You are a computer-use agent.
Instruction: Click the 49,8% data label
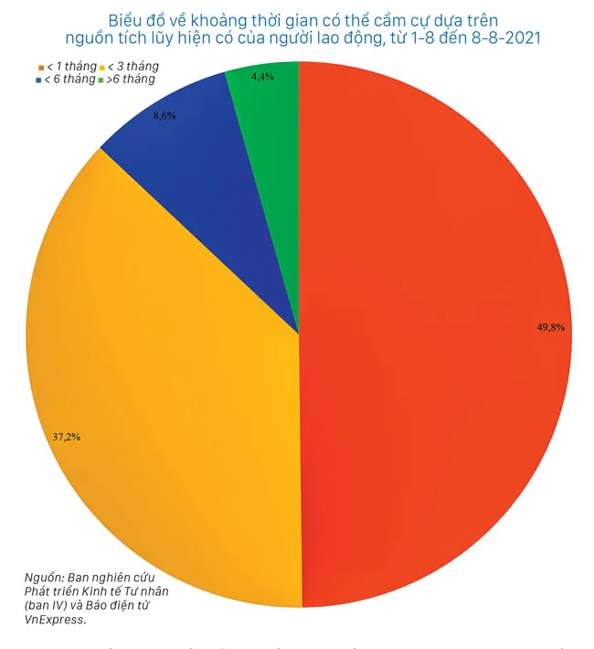click(556, 326)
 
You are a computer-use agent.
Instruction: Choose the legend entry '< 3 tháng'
click(134, 66)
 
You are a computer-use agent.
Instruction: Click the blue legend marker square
click(37, 80)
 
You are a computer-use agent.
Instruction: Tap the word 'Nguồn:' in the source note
click(45, 577)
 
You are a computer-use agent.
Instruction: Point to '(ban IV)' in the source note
click(48, 605)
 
